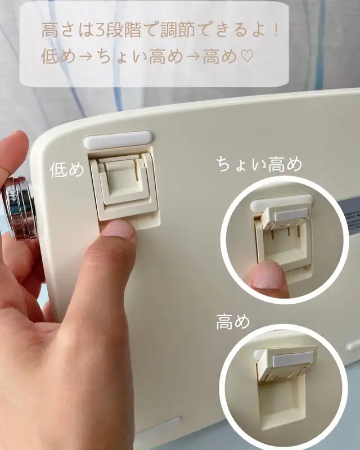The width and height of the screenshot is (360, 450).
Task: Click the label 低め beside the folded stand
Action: [67, 170]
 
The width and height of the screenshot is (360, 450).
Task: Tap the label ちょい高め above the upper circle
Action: [259, 164]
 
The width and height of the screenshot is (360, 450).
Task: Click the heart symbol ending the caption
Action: [246, 56]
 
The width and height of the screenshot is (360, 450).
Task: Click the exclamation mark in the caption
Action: [276, 30]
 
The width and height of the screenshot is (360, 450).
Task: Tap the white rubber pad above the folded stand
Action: [118, 139]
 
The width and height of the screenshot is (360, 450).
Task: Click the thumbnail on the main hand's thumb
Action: [119, 229]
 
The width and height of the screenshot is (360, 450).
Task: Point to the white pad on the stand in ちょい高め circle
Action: [291, 215]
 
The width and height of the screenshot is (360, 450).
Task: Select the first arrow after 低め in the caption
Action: [85, 57]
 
